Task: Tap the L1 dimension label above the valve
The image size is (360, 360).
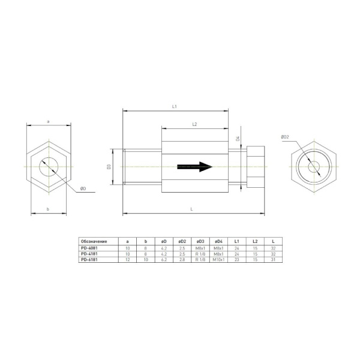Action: tap(173, 106)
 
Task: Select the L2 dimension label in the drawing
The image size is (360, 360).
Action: tap(195, 124)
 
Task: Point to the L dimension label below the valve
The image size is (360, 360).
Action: tap(191, 209)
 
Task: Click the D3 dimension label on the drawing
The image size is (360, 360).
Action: tap(110, 167)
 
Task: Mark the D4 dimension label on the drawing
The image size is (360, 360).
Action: tap(238, 139)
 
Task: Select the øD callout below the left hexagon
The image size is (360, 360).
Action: tap(83, 189)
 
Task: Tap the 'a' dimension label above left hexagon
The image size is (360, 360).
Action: tap(48, 121)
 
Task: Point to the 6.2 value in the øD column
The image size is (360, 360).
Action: tap(164, 259)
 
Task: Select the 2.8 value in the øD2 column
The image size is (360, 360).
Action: tap(182, 259)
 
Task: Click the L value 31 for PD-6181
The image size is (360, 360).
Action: tap(273, 259)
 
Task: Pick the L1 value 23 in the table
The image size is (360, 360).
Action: tap(237, 259)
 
